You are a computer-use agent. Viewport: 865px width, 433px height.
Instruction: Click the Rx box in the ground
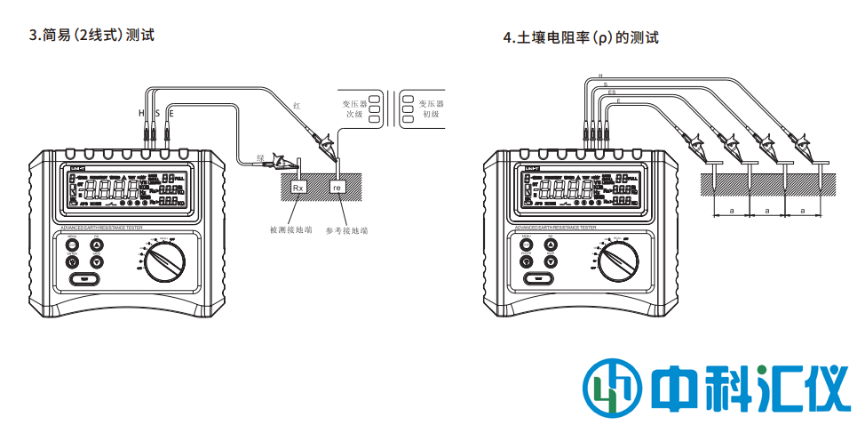pos(298,188)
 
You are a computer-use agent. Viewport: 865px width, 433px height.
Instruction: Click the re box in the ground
pos(337,188)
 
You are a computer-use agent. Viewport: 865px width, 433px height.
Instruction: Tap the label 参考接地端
pos(346,229)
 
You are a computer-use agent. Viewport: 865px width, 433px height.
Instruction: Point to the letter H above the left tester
pos(140,114)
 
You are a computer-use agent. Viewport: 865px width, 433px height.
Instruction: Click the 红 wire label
pos(297,106)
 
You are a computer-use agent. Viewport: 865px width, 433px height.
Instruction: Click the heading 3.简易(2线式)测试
pos(92,36)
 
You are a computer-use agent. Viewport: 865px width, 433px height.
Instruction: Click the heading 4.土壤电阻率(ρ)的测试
pos(581,38)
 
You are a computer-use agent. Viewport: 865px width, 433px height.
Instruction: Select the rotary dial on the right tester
pos(617,259)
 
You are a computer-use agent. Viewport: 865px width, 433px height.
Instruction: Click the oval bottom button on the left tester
pos(83,279)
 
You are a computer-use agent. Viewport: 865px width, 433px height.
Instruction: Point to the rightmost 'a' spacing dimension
pos(802,211)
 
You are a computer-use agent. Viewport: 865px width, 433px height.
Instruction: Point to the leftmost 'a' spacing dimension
pos(731,211)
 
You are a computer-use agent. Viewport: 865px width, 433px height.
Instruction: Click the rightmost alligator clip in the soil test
pos(803,145)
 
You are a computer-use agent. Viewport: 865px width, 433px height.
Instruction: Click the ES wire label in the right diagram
pos(611,92)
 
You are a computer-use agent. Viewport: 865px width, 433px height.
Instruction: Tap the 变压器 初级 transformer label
pos(431,108)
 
